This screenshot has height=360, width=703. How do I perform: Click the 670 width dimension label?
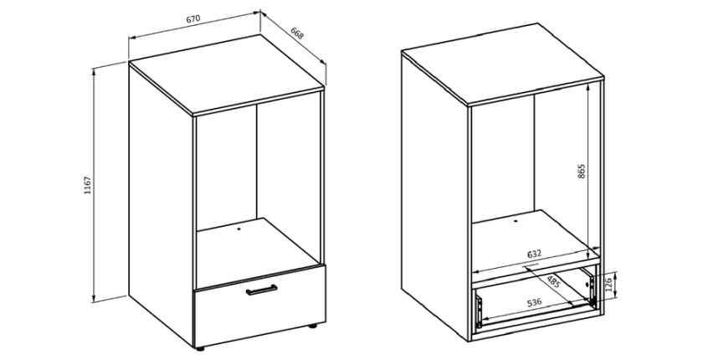[192, 18]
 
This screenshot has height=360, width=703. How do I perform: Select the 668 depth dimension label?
[297, 33]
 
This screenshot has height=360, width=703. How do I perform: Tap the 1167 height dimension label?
[87, 185]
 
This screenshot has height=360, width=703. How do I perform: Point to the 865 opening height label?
[581, 172]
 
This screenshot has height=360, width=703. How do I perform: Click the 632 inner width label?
[534, 255]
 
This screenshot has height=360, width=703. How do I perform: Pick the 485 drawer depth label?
[553, 282]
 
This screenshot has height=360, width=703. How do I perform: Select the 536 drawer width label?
[534, 302]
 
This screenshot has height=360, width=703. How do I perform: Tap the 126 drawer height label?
[609, 285]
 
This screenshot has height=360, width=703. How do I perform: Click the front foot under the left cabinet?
[200, 347]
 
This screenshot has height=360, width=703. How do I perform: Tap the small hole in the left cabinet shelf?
[239, 229]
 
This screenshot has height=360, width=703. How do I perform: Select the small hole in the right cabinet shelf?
[516, 220]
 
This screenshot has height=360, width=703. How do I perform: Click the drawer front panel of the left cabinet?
[259, 306]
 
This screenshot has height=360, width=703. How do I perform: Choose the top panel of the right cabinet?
[503, 64]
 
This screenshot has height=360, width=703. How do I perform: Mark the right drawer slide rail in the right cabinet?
[593, 287]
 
